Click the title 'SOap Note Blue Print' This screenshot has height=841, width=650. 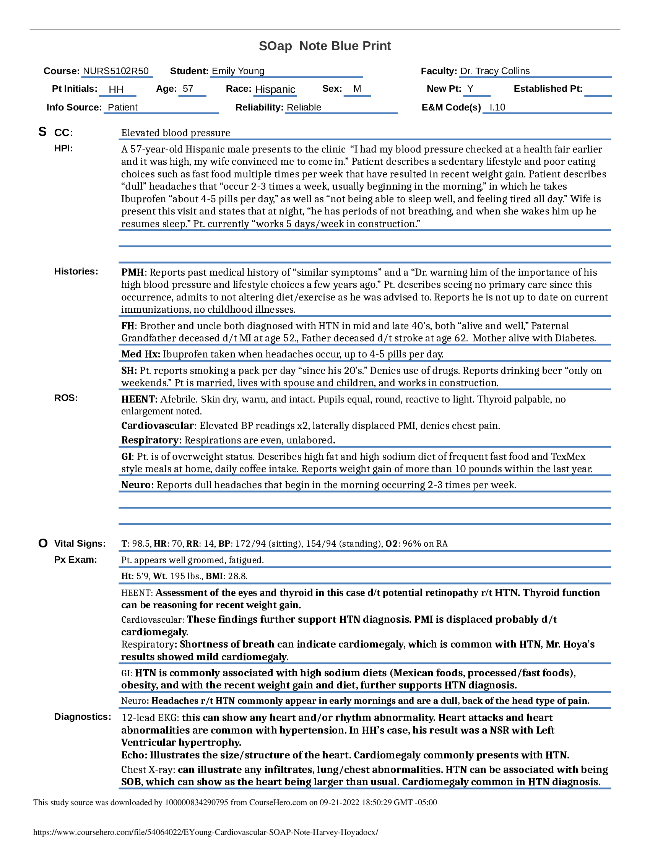click(x=325, y=46)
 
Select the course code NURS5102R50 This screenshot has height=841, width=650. click(x=115, y=71)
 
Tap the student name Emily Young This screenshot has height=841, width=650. click(x=238, y=71)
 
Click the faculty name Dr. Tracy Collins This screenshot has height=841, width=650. click(x=495, y=71)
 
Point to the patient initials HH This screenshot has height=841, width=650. click(x=116, y=89)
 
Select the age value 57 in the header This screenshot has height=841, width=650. click(x=188, y=89)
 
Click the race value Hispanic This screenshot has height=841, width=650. click(x=275, y=89)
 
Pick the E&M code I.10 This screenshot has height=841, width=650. click(x=497, y=107)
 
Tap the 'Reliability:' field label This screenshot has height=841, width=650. click(x=259, y=107)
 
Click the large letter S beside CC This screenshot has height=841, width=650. click(x=42, y=132)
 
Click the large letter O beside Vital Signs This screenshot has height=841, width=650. click(x=43, y=543)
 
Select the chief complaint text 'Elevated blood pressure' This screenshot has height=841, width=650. click(x=175, y=133)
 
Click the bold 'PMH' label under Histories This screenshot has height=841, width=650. click(x=132, y=272)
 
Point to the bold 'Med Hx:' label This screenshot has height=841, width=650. click(x=141, y=354)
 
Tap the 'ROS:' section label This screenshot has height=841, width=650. click(x=66, y=398)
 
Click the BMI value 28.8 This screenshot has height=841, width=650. click(x=237, y=576)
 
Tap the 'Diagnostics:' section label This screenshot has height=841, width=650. click(x=83, y=717)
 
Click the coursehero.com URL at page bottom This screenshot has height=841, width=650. click(x=206, y=832)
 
